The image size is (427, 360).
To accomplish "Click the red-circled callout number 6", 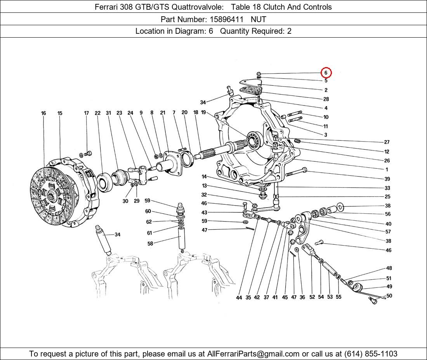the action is (326, 73).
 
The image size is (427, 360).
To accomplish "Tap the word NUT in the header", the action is (258, 19).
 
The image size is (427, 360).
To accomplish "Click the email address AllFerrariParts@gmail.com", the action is (253, 354).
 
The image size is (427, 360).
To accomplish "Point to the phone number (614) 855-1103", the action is (371, 354).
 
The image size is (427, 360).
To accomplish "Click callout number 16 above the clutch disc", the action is (43, 113).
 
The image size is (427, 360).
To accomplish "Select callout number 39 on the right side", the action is (387, 179).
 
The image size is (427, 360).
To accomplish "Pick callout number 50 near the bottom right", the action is (389, 296).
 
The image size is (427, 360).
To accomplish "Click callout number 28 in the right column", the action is (326, 99).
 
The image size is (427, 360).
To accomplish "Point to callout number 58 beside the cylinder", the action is (150, 244).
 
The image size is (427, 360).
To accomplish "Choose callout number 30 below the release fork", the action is (125, 201).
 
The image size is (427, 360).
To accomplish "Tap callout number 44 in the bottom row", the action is (239, 298).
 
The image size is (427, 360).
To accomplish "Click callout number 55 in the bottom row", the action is (338, 297).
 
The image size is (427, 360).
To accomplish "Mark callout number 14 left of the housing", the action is (204, 177).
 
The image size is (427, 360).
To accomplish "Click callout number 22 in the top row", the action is (97, 113).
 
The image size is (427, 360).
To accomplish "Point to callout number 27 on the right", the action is (387, 142).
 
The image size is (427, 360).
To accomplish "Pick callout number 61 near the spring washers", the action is (149, 233).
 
